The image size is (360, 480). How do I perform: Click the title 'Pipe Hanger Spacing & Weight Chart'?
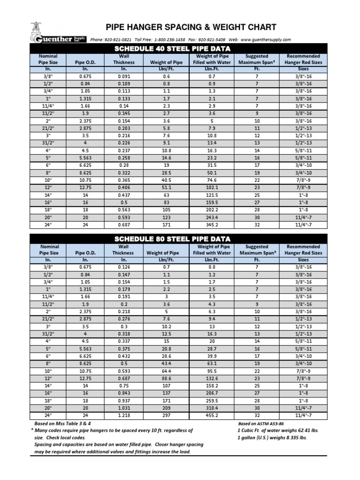coord(191,27)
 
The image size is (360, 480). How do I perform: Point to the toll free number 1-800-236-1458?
coord(169,40)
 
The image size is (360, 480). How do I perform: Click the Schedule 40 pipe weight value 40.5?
coord(166,180)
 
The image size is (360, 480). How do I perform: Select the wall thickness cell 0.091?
coord(124,76)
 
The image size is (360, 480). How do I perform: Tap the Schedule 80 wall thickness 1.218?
coord(124,415)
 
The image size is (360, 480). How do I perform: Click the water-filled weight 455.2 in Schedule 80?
coord(212,415)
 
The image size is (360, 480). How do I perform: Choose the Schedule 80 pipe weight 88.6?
coord(166,378)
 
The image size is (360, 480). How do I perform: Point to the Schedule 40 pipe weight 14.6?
coord(166,158)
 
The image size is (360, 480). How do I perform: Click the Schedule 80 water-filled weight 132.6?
coord(212,378)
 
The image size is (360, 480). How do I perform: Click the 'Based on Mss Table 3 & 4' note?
coord(65,423)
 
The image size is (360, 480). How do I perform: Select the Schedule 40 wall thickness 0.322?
coord(124,173)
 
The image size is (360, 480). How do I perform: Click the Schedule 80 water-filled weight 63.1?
coord(212,363)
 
